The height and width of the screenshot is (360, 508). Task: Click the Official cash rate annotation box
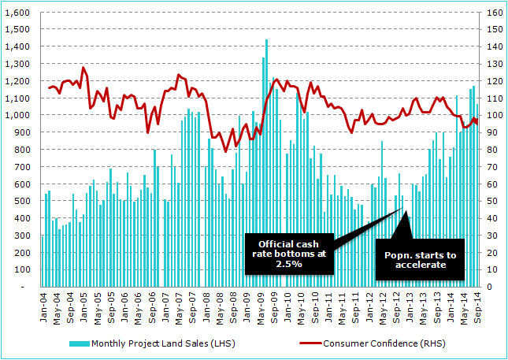[287, 253]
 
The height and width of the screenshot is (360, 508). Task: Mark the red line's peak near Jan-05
[83, 68]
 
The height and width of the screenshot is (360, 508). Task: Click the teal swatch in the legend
[80, 343]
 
